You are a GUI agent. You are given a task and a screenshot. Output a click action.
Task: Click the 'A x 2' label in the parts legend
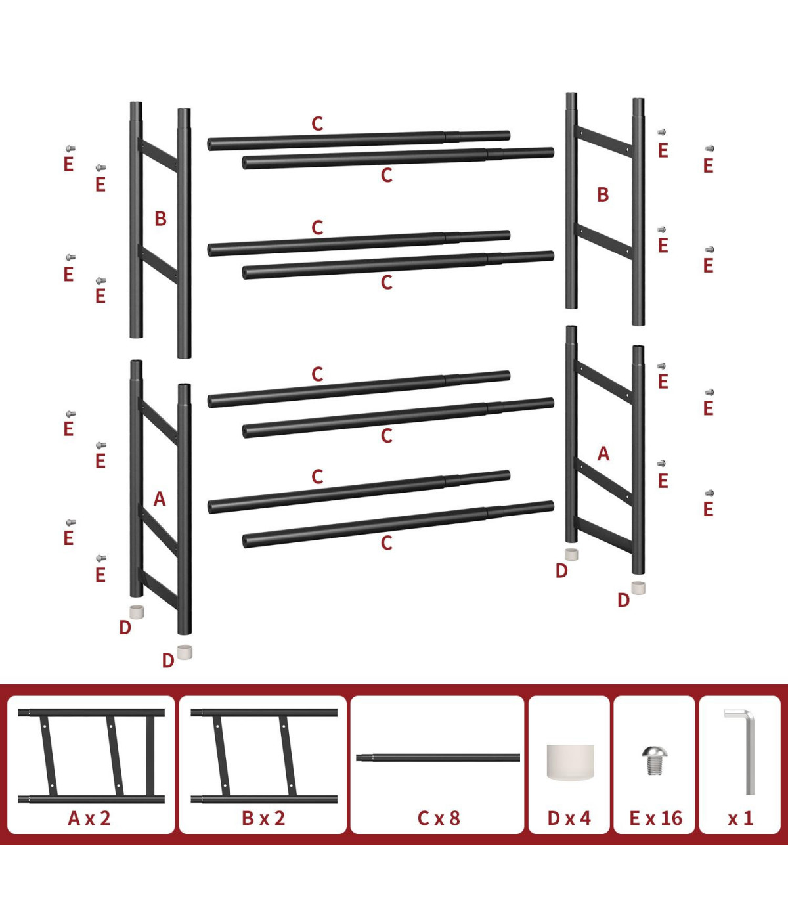click(89, 818)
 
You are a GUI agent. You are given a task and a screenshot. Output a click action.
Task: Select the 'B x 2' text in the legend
click(263, 818)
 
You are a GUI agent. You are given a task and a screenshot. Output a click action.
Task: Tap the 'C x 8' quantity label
click(439, 818)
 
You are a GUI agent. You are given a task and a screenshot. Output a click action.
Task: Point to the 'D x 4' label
click(569, 818)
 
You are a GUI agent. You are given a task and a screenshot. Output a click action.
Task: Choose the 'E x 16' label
click(656, 818)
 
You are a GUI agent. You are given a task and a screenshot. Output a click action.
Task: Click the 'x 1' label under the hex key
click(741, 819)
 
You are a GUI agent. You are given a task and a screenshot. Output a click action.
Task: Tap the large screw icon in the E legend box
click(654, 760)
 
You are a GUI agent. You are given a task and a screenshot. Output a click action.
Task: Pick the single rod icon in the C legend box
click(438, 758)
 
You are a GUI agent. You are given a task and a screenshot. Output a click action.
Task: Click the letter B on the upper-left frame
click(161, 219)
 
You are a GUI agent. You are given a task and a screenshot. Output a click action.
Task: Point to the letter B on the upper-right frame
click(603, 194)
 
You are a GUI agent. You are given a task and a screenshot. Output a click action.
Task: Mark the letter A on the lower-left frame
click(160, 499)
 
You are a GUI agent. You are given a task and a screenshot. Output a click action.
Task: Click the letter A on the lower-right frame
click(603, 454)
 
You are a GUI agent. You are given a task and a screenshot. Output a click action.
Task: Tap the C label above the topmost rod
click(317, 123)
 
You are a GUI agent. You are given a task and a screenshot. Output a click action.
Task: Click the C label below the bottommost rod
click(387, 543)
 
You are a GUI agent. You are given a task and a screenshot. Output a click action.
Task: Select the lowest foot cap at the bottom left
click(185, 652)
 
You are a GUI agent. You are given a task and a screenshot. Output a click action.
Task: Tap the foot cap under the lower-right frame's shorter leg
click(571, 554)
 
